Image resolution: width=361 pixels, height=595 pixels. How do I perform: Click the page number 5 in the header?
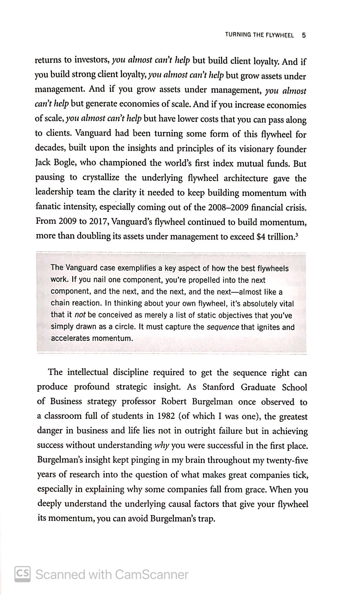[303, 35]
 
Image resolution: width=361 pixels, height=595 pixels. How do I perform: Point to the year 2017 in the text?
[97, 222]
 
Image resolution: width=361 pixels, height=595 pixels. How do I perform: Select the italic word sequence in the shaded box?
[223, 327]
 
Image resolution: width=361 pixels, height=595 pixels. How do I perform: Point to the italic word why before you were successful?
[162, 446]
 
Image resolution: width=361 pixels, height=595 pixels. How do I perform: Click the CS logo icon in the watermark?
[23, 574]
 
